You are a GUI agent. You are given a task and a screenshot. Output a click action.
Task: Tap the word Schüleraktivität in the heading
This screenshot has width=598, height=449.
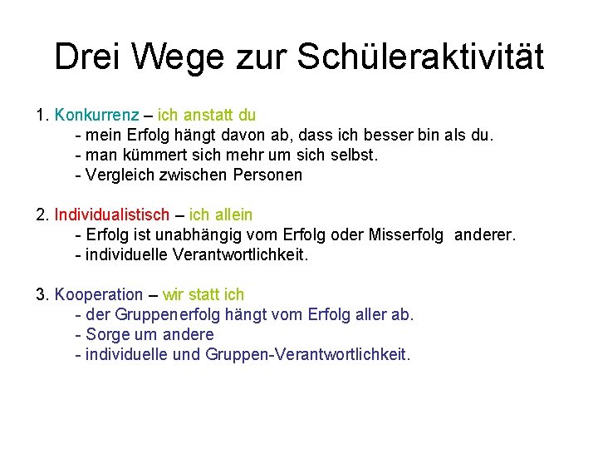click(419, 57)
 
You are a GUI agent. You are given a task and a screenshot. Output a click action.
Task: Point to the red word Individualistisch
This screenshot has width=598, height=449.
click(112, 215)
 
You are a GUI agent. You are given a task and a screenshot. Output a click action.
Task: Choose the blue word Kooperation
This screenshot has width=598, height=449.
click(99, 294)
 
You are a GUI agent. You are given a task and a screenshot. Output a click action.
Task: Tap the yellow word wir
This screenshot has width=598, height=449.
click(174, 294)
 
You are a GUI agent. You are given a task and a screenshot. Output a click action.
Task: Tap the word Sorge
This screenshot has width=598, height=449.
click(105, 335)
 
